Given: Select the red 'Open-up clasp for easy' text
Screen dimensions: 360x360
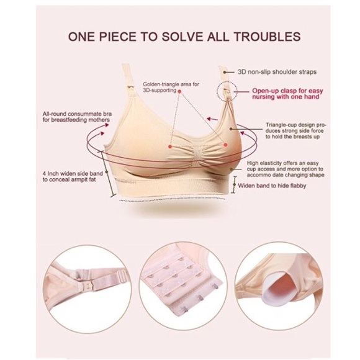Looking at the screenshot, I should click(287, 90).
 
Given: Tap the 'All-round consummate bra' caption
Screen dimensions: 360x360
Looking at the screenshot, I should click(66, 114).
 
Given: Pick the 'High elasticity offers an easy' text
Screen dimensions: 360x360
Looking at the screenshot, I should click(290, 159).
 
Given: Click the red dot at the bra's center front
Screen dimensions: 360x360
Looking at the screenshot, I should click(171, 146).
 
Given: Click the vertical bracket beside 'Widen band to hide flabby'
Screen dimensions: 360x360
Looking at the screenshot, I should click(233, 184).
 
